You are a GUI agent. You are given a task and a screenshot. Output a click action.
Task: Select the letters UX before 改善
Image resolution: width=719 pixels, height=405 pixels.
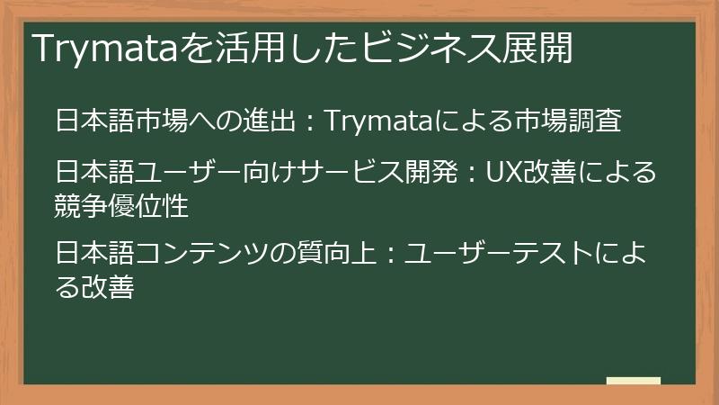pos(503,169)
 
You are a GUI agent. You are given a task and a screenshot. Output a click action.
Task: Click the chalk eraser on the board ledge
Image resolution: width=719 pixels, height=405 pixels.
pos(633,381)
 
